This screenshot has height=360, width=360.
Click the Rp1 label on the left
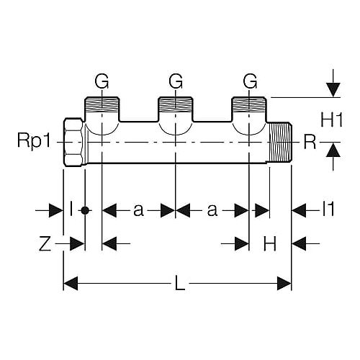(x=34, y=140)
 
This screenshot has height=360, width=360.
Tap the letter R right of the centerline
(x=310, y=142)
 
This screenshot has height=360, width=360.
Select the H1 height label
(x=332, y=120)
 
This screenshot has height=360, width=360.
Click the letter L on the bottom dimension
(x=180, y=283)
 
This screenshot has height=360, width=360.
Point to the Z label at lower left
(x=45, y=243)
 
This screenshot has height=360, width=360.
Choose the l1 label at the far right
(x=328, y=209)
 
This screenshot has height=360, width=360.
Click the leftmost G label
(x=102, y=81)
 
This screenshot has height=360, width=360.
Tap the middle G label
(x=176, y=81)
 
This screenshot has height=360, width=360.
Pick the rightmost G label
(x=250, y=81)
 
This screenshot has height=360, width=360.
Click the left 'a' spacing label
(x=139, y=210)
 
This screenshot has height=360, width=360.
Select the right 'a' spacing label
(x=212, y=210)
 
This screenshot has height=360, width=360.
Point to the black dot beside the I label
(x=85, y=210)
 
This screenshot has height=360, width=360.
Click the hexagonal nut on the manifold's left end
(x=74, y=142)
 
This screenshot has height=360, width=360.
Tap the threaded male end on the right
(x=280, y=142)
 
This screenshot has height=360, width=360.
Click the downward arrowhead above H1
(x=333, y=90)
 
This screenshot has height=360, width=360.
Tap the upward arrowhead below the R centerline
(x=333, y=150)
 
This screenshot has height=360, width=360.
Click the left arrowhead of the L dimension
(x=71, y=283)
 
